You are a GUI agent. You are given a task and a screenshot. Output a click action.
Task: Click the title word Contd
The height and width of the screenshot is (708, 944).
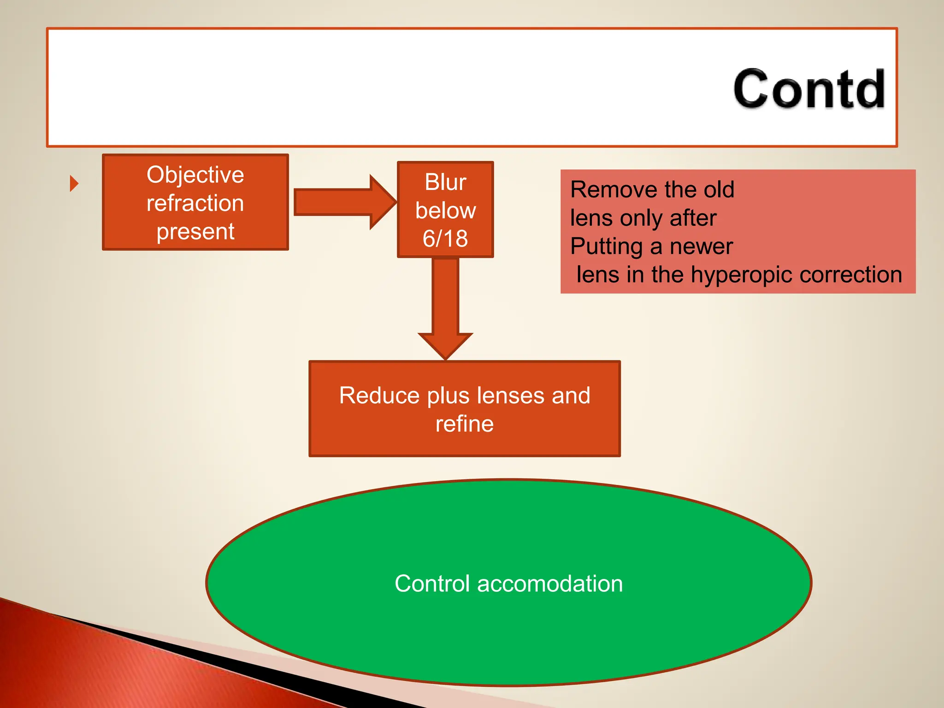809,88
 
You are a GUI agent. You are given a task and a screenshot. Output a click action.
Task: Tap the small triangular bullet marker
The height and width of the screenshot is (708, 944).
74,183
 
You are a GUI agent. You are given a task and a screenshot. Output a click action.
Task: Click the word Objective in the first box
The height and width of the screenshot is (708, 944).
195,175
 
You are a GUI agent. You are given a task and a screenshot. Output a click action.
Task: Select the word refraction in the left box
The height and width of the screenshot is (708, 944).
195,203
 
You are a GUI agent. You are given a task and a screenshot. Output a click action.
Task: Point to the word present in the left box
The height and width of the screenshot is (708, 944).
195,231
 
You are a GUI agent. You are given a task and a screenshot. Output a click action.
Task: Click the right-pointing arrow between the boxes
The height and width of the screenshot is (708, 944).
343,202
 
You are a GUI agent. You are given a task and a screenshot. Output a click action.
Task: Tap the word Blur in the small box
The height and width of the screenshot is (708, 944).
445,182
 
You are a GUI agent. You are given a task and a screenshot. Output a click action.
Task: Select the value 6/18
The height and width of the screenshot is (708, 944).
445,239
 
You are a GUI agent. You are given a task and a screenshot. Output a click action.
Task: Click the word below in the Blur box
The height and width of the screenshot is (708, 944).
445,211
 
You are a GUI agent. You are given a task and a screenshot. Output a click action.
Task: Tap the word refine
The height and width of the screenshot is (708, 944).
464,424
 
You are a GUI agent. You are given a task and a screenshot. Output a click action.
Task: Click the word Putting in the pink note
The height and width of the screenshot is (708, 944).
606,247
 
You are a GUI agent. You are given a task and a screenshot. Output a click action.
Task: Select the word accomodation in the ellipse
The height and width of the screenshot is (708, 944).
550,584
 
